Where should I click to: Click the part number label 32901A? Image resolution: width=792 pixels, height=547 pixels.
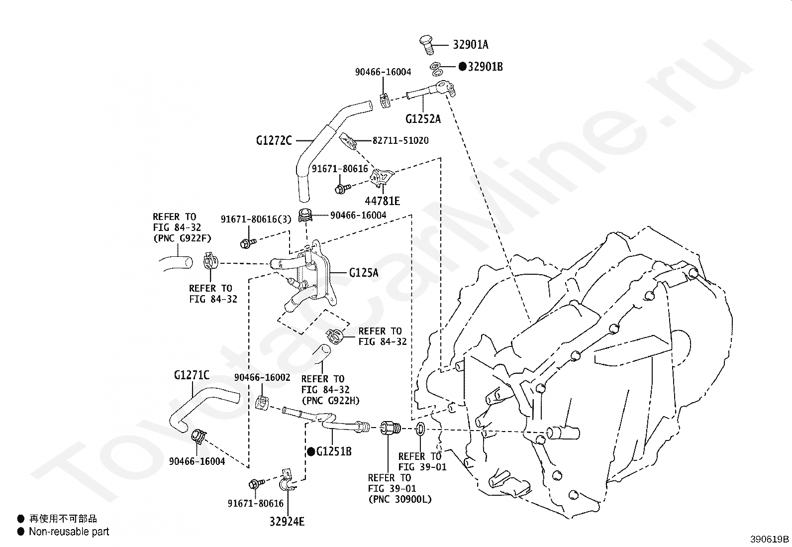[471, 45]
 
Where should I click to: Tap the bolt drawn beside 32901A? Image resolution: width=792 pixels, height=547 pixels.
[427, 45]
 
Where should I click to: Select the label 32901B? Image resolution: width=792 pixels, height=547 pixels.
[485, 67]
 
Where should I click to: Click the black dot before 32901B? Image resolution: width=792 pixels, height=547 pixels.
[463, 67]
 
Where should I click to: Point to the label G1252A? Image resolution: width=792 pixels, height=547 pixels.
[423, 119]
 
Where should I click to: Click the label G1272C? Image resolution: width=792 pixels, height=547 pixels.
[274, 141]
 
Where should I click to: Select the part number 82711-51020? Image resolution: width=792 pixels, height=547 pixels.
[400, 140]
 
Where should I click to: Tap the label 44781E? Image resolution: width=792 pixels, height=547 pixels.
[382, 201]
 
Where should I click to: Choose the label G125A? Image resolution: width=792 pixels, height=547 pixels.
[364, 273]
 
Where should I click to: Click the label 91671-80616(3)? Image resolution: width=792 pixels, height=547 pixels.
[256, 219]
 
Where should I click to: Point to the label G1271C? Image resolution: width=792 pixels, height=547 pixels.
[192, 375]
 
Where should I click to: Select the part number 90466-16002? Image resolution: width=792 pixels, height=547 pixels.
[262, 377]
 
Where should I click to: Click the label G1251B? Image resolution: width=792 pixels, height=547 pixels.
[334, 451]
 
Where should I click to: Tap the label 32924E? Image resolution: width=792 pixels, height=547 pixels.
[287, 522]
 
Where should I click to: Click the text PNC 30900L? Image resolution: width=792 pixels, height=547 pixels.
[400, 499]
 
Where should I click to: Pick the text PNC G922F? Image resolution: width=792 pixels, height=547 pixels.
[182, 238]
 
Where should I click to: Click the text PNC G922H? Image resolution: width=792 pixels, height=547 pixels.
[331, 401]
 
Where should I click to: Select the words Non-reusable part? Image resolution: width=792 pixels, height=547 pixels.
[69, 532]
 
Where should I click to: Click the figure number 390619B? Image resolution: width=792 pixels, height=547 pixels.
[770, 539]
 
